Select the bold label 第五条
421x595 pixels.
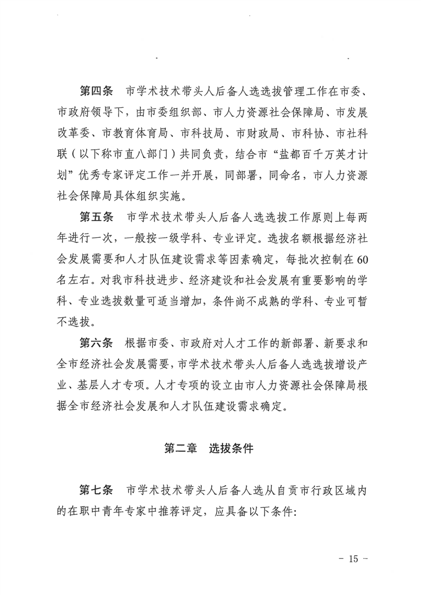96,217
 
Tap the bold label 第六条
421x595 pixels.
96,342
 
